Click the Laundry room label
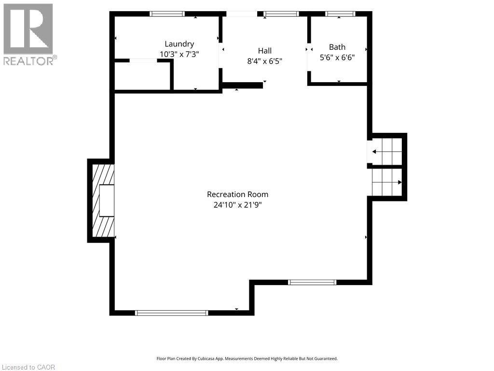(179, 44)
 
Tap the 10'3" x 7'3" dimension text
(179, 54)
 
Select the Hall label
(265, 51)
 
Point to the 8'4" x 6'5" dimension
(265, 61)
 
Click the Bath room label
(337, 47)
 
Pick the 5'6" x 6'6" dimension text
(337, 57)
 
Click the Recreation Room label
(237, 194)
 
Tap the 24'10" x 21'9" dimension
(237, 205)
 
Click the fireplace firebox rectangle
(107, 200)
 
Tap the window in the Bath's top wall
(340, 14)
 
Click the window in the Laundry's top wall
(167, 14)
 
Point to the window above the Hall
(281, 14)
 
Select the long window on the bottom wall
(172, 313)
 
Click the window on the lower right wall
(312, 282)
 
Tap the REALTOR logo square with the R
(28, 29)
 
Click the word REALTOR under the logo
(28, 61)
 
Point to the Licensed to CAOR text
(28, 367)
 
